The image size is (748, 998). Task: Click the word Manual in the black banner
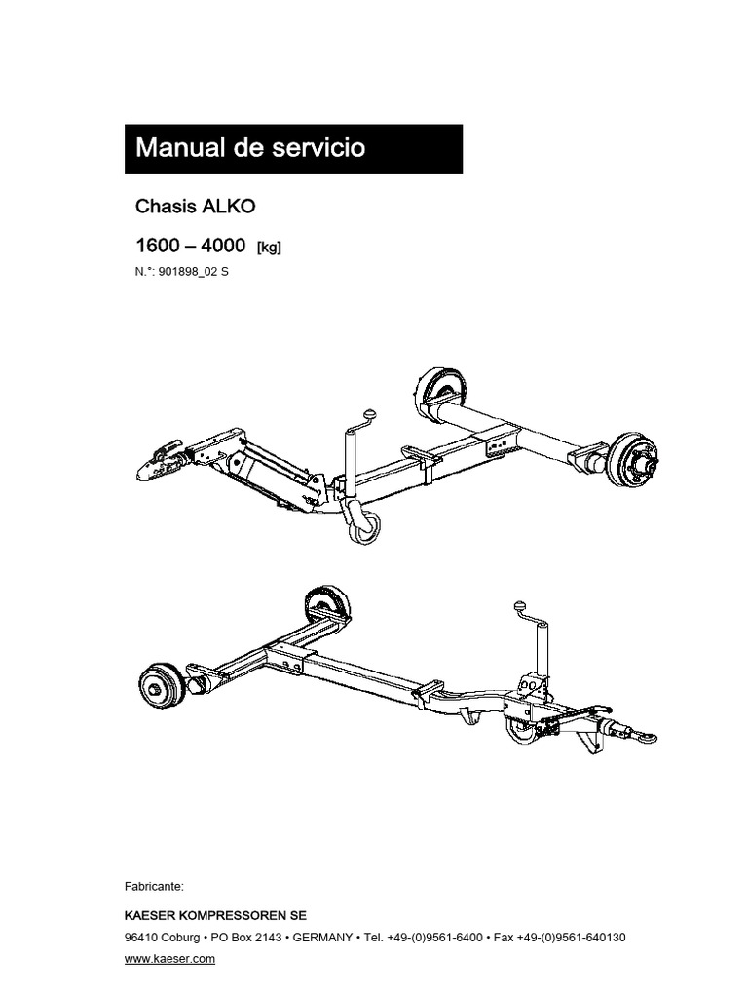(180, 148)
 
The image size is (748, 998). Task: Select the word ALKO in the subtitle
(228, 207)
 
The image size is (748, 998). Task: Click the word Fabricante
(154, 887)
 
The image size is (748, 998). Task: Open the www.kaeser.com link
(169, 959)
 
